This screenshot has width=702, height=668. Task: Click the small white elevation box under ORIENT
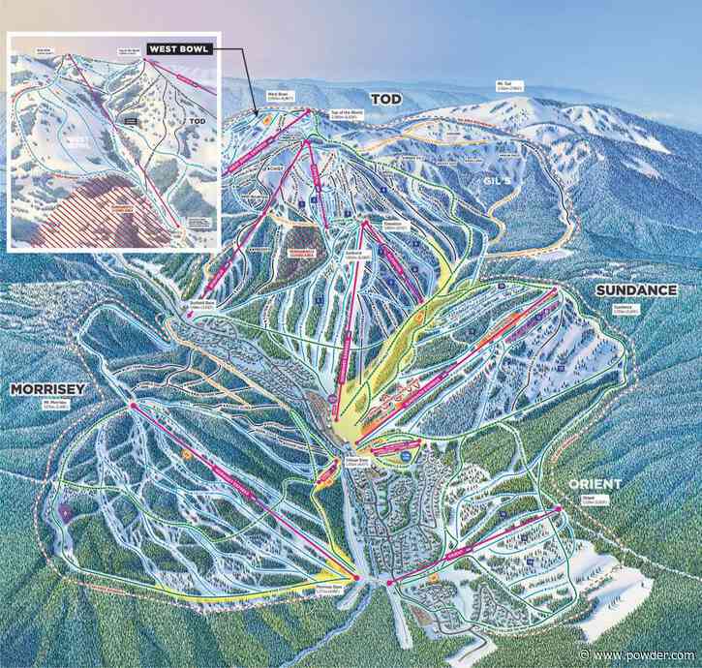tap(594, 501)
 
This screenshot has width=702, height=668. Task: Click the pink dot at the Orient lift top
tap(560, 507)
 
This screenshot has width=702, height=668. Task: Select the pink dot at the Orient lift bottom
tap(389, 582)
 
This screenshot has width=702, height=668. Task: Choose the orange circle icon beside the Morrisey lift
tap(186, 453)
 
